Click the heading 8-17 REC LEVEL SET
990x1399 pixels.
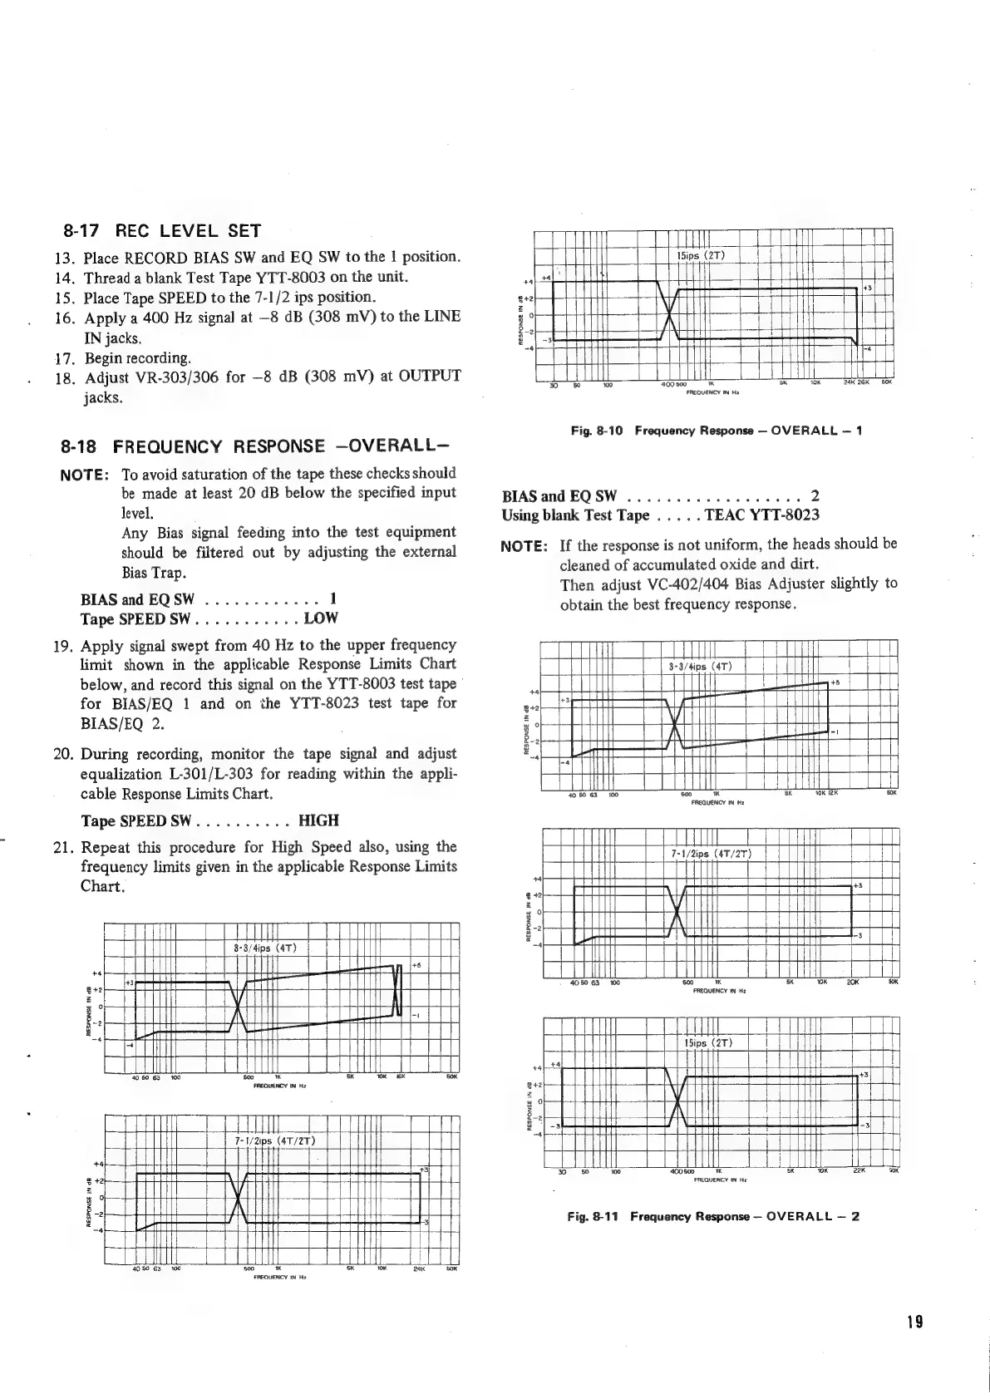click(x=162, y=230)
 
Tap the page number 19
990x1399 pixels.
click(x=916, y=1323)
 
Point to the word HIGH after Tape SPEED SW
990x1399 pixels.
click(x=318, y=821)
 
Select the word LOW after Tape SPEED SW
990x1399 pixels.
click(x=321, y=619)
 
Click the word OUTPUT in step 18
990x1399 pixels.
click(x=422, y=377)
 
